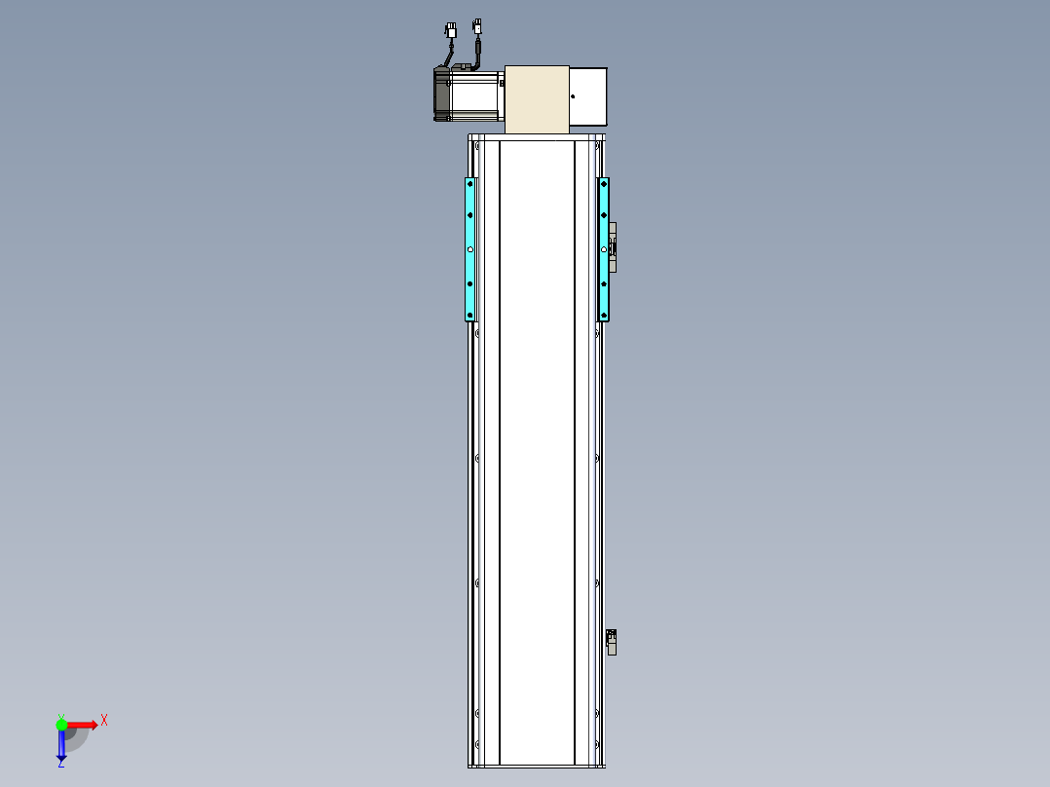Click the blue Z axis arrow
61,744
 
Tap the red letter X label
104,721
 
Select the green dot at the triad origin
61,725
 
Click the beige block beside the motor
537,99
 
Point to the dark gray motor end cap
442,94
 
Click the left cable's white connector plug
451,30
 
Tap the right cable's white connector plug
477,26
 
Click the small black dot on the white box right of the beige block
573,96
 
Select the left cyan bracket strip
470,249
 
